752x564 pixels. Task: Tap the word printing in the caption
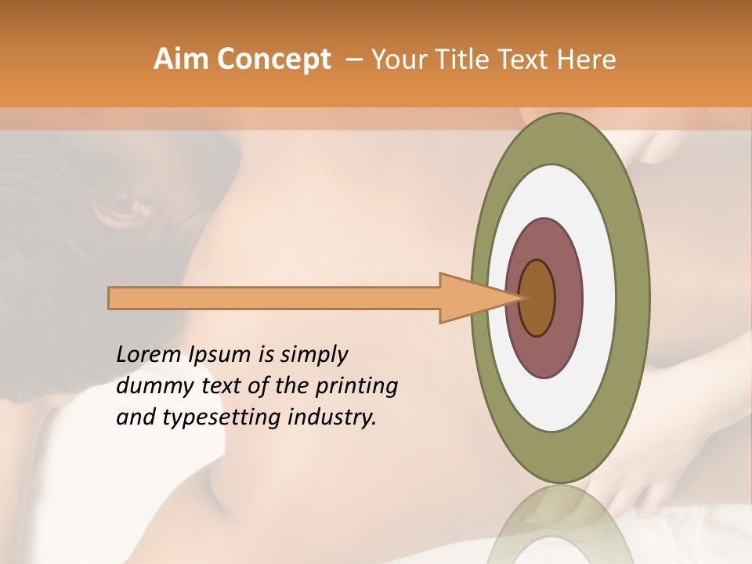point(356,386)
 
